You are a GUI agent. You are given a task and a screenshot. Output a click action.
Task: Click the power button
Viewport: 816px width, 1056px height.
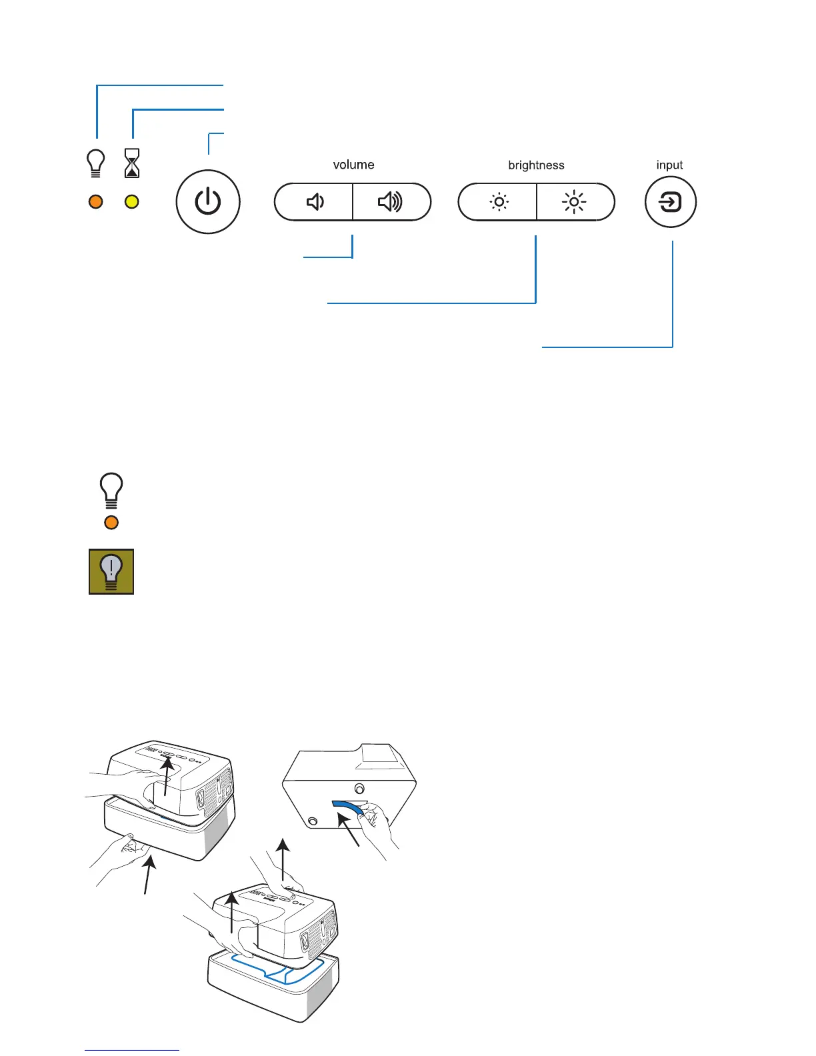pos(208,201)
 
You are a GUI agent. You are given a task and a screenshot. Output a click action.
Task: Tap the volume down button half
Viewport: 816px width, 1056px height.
pos(314,201)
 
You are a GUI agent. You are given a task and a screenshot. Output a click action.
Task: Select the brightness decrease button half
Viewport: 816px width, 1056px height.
pos(498,201)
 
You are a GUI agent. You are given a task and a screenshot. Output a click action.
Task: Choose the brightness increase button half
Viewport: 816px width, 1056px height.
pos(574,201)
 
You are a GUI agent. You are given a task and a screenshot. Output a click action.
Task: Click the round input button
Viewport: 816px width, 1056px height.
pos(670,201)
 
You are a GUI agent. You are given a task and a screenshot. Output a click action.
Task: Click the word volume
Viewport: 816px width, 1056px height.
pos(353,165)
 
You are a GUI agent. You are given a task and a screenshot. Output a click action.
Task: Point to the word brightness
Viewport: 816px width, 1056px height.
pos(536,165)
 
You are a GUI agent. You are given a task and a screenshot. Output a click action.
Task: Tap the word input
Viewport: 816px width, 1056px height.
pos(669,165)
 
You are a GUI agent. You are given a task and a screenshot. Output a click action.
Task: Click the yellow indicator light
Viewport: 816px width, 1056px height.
pos(132,201)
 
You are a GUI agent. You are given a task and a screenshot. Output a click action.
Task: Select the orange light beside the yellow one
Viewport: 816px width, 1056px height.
pos(96,201)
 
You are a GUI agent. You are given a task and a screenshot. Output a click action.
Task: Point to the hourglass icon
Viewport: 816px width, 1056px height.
pos(133,163)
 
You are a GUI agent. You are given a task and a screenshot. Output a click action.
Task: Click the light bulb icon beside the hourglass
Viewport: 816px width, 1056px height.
pos(96,163)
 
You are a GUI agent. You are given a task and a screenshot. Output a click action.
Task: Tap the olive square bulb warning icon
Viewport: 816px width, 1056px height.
pos(111,571)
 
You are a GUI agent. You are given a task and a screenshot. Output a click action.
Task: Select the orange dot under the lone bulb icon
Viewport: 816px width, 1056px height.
pos(111,523)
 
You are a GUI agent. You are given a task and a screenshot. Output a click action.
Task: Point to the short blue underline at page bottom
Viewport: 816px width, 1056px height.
pos(132,1050)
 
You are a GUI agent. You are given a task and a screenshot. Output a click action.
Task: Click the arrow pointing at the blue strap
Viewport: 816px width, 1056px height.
pos(350,834)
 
